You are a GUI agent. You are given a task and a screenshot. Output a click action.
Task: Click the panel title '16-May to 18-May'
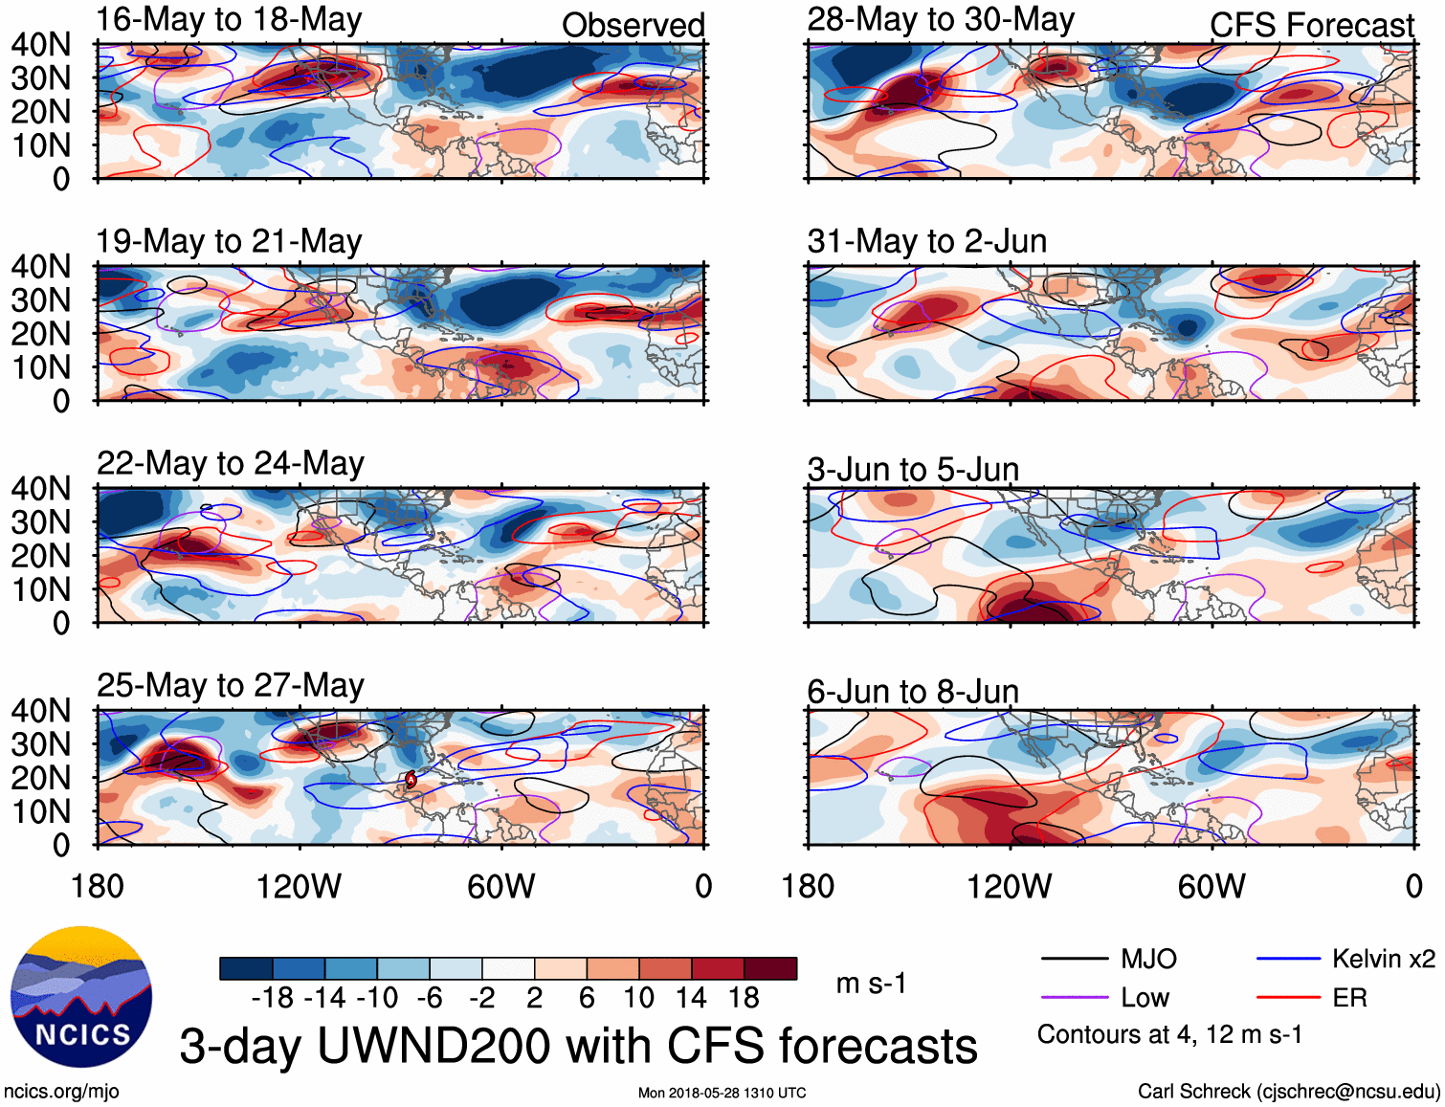tap(229, 20)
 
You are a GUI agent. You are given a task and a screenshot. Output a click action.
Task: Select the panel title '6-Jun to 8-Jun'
tap(912, 691)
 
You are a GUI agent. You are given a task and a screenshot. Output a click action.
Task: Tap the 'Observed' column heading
tap(633, 25)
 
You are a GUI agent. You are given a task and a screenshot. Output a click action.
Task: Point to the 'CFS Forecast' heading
tap(1311, 25)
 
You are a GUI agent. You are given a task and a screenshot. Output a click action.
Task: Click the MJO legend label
tap(1148, 959)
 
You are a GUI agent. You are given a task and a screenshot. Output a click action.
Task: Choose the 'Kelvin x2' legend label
tap(1383, 959)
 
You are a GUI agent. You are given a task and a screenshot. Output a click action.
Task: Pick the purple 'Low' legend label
tap(1145, 998)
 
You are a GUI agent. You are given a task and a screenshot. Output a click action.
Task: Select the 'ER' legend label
tap(1349, 998)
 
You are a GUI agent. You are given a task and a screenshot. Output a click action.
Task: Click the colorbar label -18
tap(272, 998)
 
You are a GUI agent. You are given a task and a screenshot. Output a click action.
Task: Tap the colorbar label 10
tap(638, 998)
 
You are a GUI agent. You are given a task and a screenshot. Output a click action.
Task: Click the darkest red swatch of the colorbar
tap(770, 968)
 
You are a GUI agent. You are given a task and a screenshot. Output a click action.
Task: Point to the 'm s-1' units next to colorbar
tap(871, 984)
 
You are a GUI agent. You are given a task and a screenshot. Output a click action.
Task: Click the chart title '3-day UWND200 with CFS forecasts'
tap(578, 1046)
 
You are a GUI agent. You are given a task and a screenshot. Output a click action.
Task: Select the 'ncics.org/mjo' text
tap(61, 1091)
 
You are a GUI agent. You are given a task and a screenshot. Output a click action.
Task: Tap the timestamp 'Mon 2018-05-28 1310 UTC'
tap(722, 1093)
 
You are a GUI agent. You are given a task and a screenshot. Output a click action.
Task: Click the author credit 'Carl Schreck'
tap(1193, 1091)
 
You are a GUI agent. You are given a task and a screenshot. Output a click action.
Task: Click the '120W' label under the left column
tap(299, 886)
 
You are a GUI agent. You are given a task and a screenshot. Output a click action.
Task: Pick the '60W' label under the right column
tap(1212, 886)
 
